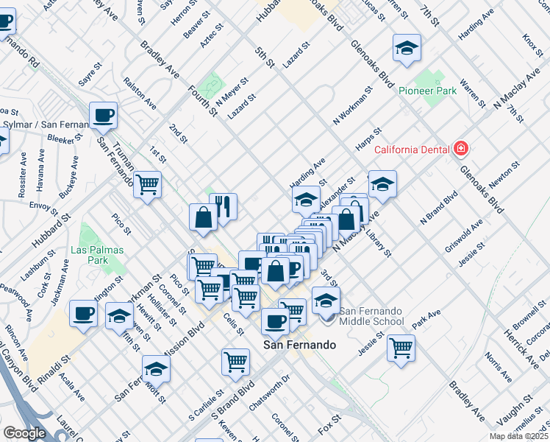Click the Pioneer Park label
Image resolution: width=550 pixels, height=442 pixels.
[x=427, y=91]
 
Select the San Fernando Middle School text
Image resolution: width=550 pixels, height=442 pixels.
[x=371, y=315]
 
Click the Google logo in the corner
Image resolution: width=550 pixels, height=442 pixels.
[x=24, y=433]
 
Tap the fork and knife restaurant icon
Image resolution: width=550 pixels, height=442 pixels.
[x=223, y=206]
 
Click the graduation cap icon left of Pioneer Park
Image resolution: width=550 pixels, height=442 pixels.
[x=407, y=48]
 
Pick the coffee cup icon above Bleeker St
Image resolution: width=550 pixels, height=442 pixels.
[x=103, y=115]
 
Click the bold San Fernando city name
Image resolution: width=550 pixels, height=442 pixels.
[x=299, y=345]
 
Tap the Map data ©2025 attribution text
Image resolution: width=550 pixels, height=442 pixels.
[x=518, y=436]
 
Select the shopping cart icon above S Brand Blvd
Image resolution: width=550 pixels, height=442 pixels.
[x=235, y=362]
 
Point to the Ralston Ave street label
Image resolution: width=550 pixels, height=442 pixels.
[x=140, y=94]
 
